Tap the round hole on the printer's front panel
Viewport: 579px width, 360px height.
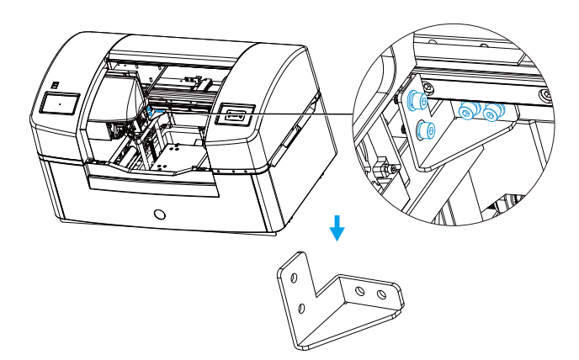click(161, 214)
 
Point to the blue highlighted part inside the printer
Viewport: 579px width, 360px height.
click(151, 110)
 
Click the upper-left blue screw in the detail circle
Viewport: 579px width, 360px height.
click(412, 101)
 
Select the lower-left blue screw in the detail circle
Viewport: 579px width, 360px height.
click(426, 130)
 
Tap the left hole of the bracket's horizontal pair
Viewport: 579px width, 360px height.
click(359, 290)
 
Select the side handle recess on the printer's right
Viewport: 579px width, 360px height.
click(288, 139)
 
